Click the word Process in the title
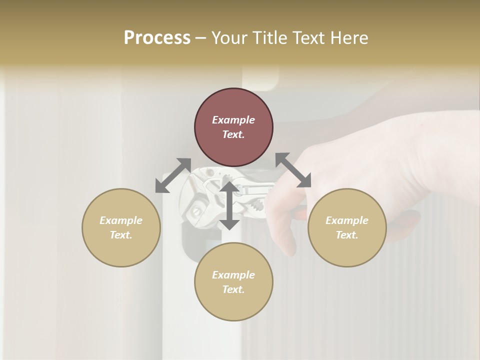[157, 38]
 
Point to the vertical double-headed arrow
[229, 205]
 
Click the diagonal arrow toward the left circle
[173, 175]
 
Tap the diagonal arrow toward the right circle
[293, 170]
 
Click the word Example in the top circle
[233, 120]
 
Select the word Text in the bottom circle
[233, 289]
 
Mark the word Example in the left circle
[121, 220]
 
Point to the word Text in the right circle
[347, 235]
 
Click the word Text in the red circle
[233, 134]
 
